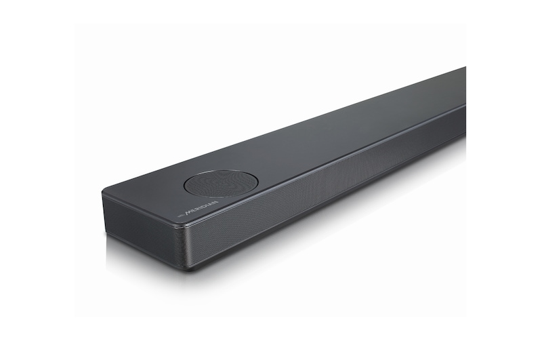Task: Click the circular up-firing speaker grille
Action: (222, 184)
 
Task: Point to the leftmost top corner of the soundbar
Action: (104, 193)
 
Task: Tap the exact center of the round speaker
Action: (222, 184)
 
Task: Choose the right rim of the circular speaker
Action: (258, 181)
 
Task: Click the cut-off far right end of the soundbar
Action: (463, 102)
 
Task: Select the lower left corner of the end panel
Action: (106, 233)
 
